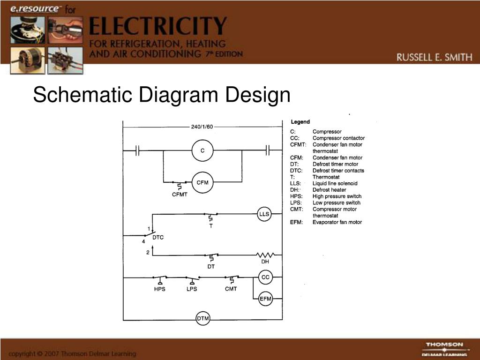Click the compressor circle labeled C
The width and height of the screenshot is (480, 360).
(202, 150)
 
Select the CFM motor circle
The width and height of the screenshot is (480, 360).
(202, 182)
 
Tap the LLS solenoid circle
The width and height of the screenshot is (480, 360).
(264, 214)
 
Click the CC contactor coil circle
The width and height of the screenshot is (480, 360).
(265, 277)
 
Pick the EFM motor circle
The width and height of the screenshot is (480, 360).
(265, 299)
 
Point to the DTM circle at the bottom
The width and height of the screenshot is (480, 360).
(203, 319)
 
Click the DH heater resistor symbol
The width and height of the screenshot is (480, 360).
(265, 255)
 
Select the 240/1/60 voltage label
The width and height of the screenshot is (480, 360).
(202, 127)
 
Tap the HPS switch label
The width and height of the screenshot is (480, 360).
(160, 289)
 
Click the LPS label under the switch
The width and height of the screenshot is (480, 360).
(192, 289)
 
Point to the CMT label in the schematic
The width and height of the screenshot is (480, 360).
(231, 289)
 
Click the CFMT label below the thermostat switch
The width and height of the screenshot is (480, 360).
(180, 195)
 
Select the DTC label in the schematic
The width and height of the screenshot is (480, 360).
(158, 237)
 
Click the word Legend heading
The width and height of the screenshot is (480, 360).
(300, 122)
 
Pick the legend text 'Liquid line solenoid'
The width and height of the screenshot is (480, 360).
(335, 183)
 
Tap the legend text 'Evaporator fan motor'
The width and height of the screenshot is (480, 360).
(337, 222)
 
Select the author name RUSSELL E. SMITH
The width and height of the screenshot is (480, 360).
(434, 58)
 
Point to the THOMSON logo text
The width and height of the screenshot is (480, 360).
(444, 345)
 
